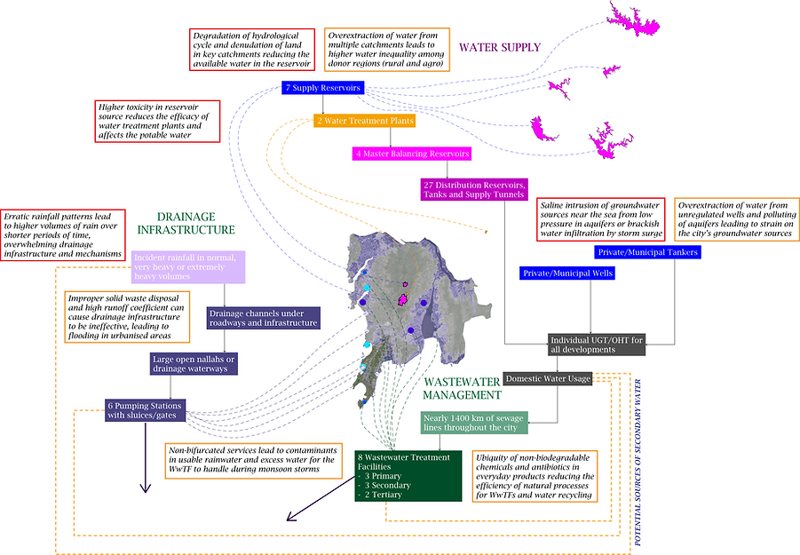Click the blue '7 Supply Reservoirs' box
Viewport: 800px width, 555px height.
click(323, 88)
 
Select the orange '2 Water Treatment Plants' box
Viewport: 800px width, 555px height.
click(365, 121)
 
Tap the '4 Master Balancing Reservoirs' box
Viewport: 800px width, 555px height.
click(412, 154)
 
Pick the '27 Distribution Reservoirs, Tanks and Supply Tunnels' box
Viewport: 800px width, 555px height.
click(474, 190)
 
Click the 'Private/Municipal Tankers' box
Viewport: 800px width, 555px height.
click(647, 252)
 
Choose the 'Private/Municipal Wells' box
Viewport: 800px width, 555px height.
click(567, 274)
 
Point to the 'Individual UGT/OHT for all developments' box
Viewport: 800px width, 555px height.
click(597, 345)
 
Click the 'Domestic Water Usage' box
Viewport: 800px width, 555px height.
click(548, 378)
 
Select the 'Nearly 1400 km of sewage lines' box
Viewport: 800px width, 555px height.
click(474, 423)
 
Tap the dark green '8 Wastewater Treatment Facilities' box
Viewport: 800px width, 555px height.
click(408, 476)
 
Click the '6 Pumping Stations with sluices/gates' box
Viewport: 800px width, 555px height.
click(145, 410)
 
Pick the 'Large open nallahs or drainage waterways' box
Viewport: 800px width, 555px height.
click(194, 364)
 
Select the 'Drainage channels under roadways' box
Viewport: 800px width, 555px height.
click(264, 318)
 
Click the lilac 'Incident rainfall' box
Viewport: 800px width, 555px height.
click(188, 266)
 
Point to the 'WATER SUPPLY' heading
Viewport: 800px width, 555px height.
click(500, 47)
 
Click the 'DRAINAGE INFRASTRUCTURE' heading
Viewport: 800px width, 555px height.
click(186, 224)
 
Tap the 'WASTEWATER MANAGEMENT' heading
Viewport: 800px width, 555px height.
click(463, 388)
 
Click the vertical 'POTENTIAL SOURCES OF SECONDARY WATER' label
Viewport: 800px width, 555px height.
click(638, 463)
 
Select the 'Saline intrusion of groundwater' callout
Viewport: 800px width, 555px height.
click(601, 219)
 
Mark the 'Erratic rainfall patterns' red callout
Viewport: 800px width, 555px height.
click(63, 234)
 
